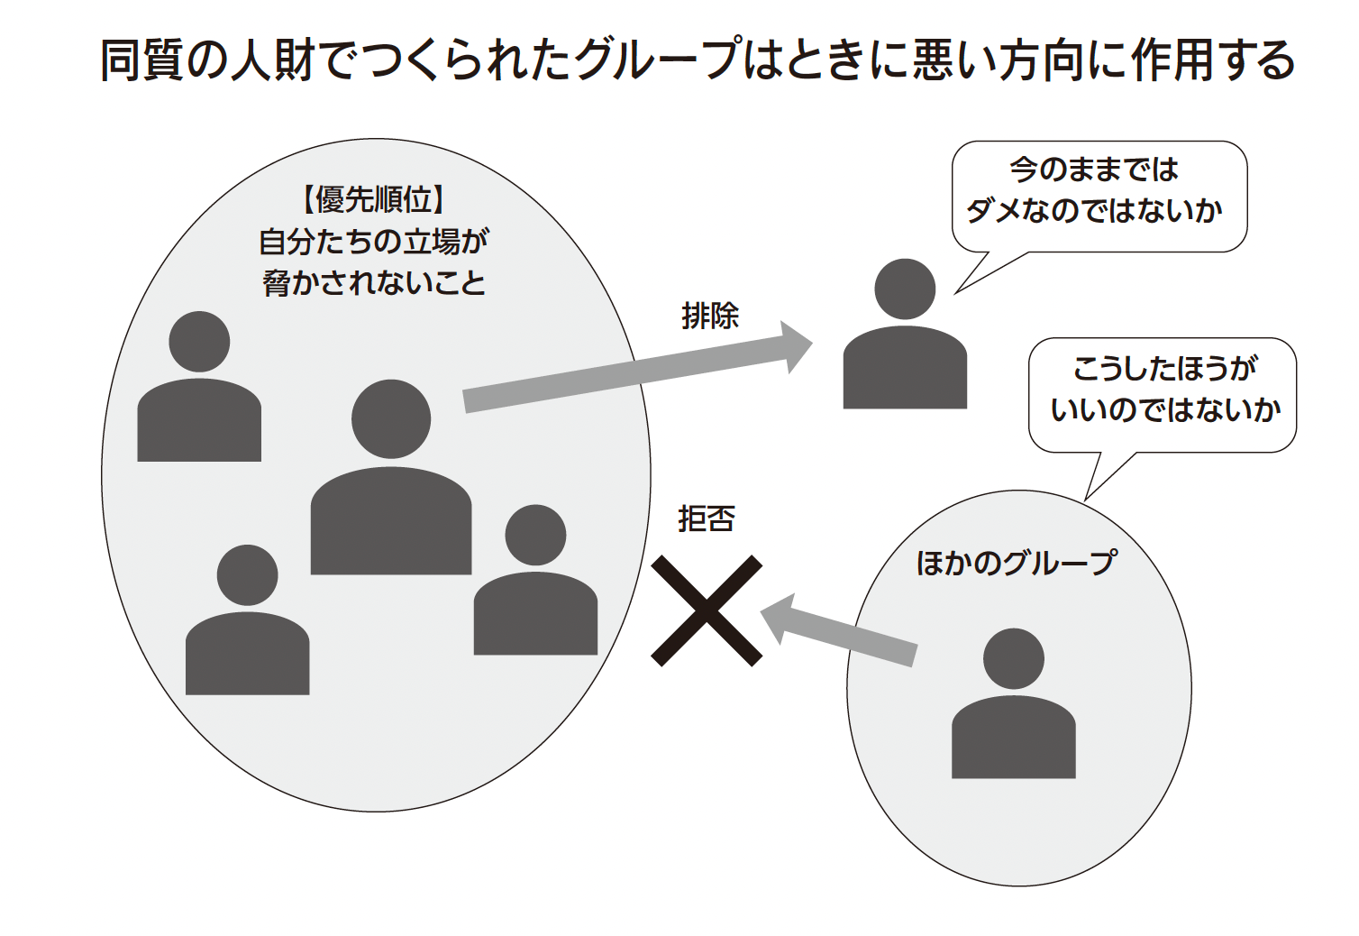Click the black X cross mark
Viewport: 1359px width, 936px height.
pyautogui.click(x=707, y=610)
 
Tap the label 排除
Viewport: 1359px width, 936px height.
pyautogui.click(x=710, y=317)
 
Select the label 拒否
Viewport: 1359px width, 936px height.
pyautogui.click(x=707, y=518)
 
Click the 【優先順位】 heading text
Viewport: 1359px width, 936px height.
pyautogui.click(x=373, y=199)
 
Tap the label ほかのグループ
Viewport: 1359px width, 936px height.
pyautogui.click(x=1016, y=563)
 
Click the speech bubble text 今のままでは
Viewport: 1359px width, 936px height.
pyautogui.click(x=1094, y=170)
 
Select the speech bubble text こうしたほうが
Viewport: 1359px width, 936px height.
pyautogui.click(x=1164, y=368)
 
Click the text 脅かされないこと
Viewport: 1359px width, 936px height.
pyautogui.click(x=373, y=283)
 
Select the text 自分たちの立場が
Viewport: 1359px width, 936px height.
pyautogui.click(x=373, y=242)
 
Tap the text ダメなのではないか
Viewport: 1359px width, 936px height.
pyautogui.click(x=1094, y=211)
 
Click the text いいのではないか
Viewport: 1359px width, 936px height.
pyautogui.click(x=1164, y=409)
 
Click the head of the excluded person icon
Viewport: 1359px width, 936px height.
pyautogui.click(x=905, y=289)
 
